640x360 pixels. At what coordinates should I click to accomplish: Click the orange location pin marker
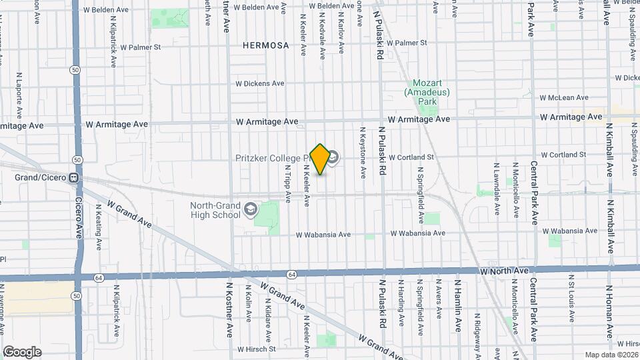tap(320, 159)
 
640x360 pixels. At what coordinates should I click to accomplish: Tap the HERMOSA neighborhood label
tap(266, 45)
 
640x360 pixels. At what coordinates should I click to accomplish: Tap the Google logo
tap(22, 352)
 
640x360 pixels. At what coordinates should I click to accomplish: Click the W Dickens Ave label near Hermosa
tap(259, 83)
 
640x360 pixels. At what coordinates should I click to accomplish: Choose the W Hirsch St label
tap(255, 349)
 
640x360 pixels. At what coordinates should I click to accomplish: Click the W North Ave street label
tap(504, 271)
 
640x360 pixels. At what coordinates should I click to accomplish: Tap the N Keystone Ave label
tap(363, 153)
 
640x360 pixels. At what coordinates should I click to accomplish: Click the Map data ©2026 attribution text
tap(611, 354)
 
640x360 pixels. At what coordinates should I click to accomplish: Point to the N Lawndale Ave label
tap(497, 189)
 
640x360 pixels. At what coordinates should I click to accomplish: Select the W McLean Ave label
tap(565, 97)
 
